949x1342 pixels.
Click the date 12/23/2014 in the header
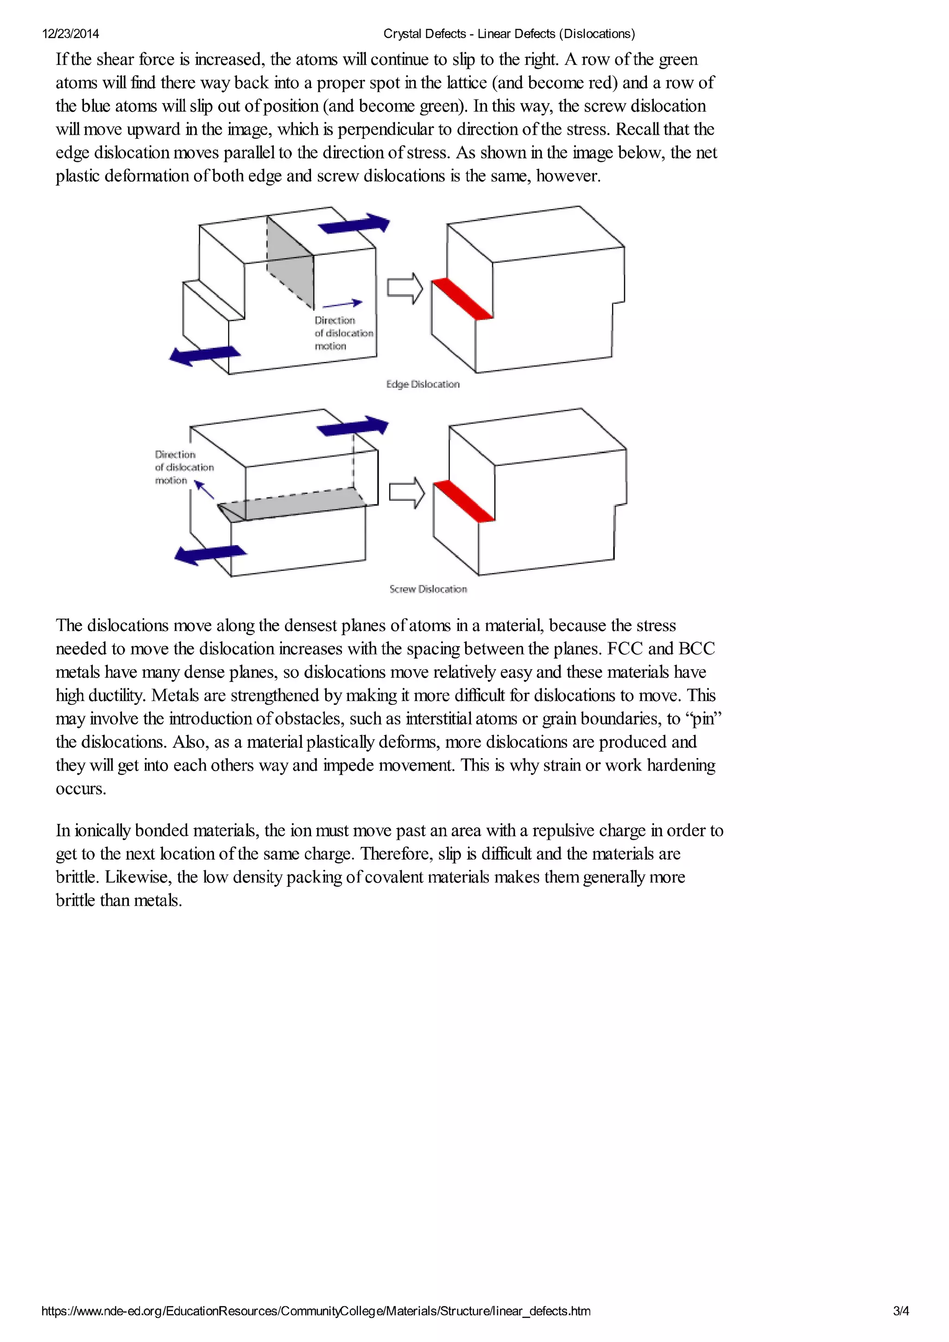(70, 34)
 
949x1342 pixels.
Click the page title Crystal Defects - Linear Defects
(509, 34)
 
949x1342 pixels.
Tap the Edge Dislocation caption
(423, 384)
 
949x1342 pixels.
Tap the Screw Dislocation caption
(428, 589)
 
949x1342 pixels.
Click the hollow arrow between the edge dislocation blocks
(405, 288)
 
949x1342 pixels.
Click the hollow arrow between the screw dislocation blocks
(407, 492)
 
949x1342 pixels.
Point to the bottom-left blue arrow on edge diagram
(205, 355)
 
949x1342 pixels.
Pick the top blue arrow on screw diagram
(353, 426)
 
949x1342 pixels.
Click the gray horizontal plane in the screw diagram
(292, 504)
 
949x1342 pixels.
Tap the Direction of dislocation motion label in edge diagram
(343, 333)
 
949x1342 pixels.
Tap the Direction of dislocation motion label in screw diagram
(183, 467)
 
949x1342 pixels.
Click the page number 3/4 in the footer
(900, 1311)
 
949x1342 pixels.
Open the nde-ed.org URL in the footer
(316, 1311)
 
